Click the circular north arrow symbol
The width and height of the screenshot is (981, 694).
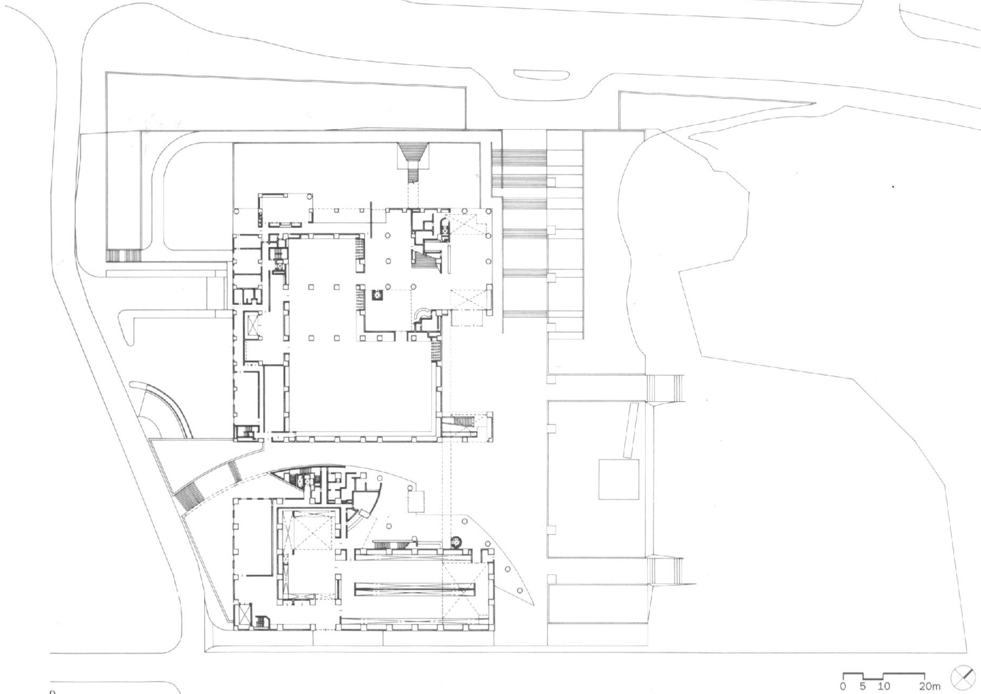click(963, 679)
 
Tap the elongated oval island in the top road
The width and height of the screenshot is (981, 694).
click(541, 75)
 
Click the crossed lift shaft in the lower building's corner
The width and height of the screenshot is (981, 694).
click(243, 616)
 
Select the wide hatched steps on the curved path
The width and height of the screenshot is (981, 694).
click(186, 496)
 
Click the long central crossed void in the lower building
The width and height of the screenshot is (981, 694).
click(414, 590)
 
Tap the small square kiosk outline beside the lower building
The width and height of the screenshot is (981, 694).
click(417, 502)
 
